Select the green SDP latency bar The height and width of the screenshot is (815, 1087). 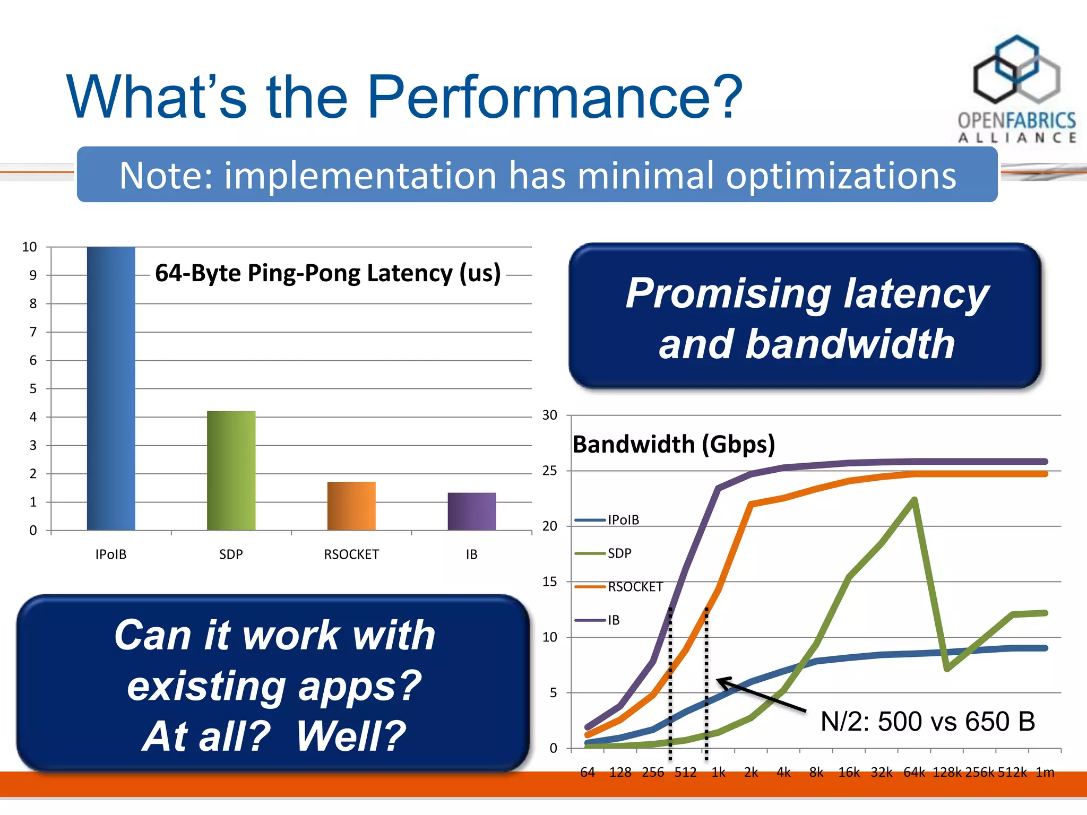point(231,471)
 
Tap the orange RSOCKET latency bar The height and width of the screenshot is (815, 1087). point(351,506)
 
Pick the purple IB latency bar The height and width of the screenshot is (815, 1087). point(471,511)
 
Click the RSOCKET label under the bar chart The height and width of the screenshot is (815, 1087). point(351,554)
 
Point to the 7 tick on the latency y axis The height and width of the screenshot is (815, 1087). point(33,332)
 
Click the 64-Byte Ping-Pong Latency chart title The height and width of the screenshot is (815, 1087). point(327,273)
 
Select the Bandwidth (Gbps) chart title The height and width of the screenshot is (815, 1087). point(674,444)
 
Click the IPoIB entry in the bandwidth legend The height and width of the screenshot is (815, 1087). point(623,520)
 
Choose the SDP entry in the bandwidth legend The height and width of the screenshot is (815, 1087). point(619,553)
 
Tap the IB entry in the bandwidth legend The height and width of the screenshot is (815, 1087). point(614,620)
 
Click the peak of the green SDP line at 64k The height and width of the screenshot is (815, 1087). point(915,499)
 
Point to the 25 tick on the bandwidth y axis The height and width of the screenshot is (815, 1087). point(550,471)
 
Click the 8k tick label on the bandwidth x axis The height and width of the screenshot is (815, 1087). point(816,773)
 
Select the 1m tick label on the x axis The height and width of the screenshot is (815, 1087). point(1045,773)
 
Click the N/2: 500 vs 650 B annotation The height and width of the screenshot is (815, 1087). point(927,722)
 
